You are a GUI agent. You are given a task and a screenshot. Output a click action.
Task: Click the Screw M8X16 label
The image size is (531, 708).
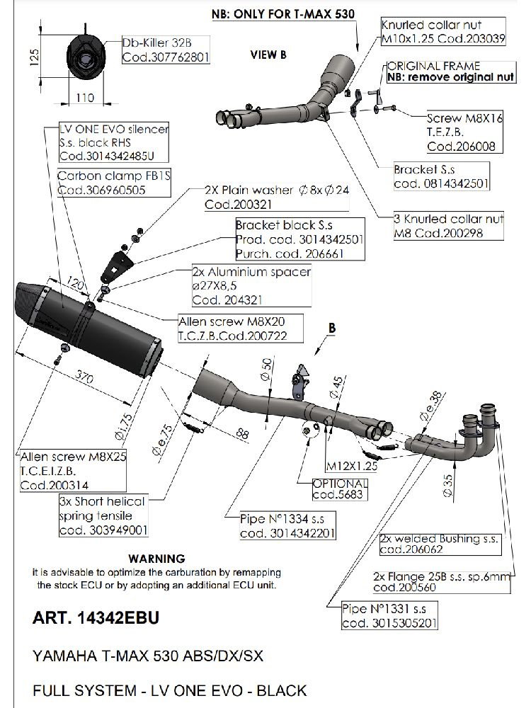pyautogui.click(x=464, y=120)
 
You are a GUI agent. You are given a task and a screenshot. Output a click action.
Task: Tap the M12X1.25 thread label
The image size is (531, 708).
pyautogui.click(x=350, y=467)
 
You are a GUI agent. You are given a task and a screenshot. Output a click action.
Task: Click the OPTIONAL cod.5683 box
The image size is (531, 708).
pyautogui.click(x=339, y=489)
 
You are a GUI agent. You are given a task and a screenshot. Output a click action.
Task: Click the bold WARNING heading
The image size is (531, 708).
pyautogui.click(x=157, y=559)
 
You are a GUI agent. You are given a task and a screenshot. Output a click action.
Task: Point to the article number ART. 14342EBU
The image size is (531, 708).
pyautogui.click(x=96, y=618)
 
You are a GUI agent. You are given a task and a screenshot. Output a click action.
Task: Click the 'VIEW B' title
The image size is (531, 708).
pyautogui.click(x=268, y=55)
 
